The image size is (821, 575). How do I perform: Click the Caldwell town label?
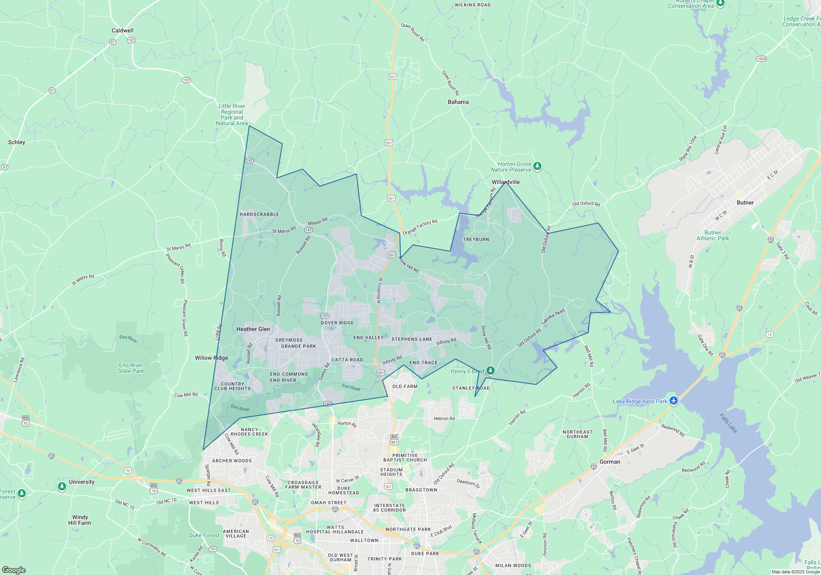pyautogui.click(x=122, y=30)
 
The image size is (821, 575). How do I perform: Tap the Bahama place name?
pyautogui.click(x=458, y=102)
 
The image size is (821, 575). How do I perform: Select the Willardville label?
pyautogui.click(x=506, y=182)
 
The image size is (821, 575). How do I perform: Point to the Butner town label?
pyautogui.click(x=745, y=202)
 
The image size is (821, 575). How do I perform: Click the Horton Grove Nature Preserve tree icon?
pyautogui.click(x=537, y=166)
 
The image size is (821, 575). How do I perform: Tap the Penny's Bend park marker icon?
pyautogui.click(x=490, y=371)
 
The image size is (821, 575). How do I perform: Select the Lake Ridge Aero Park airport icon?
pyautogui.click(x=673, y=401)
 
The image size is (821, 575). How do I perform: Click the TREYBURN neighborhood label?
pyautogui.click(x=476, y=239)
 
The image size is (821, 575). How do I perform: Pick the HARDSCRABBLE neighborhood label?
pyautogui.click(x=259, y=214)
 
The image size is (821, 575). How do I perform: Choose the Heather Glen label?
pyautogui.click(x=253, y=329)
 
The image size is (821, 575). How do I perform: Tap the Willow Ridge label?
pyautogui.click(x=211, y=358)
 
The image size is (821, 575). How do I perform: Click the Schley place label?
pyautogui.click(x=17, y=142)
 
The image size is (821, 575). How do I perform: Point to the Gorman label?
pyautogui.click(x=610, y=462)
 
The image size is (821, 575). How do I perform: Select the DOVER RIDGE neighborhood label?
pyautogui.click(x=337, y=323)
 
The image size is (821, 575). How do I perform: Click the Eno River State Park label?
pyautogui.click(x=131, y=368)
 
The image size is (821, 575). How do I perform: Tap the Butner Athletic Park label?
pyautogui.click(x=713, y=235)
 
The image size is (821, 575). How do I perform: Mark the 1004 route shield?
pyautogui.click(x=761, y=59)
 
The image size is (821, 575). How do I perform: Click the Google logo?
pyautogui.click(x=14, y=570)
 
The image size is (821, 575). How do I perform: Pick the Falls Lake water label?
pyautogui.click(x=729, y=423)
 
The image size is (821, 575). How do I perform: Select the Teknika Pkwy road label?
pyautogui.click(x=553, y=317)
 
